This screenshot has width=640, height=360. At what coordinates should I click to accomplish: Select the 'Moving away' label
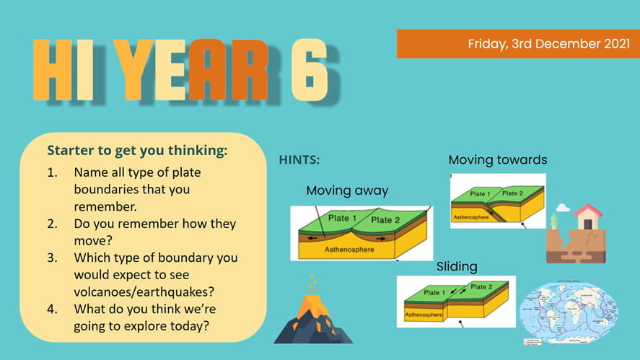(x=347, y=191)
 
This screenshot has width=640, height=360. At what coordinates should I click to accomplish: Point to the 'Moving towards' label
(x=497, y=159)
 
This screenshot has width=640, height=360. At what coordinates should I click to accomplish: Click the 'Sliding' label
(x=457, y=267)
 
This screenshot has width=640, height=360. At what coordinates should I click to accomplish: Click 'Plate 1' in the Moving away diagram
(x=343, y=218)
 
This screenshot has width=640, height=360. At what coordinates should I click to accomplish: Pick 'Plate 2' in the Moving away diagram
(x=385, y=220)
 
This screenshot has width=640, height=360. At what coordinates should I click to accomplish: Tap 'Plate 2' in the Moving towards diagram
(x=512, y=193)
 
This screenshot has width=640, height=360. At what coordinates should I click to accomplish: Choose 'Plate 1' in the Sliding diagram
(x=434, y=293)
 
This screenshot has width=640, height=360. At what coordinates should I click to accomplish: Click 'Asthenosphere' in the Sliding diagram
(x=422, y=315)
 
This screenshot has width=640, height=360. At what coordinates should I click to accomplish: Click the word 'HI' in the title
(x=63, y=70)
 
